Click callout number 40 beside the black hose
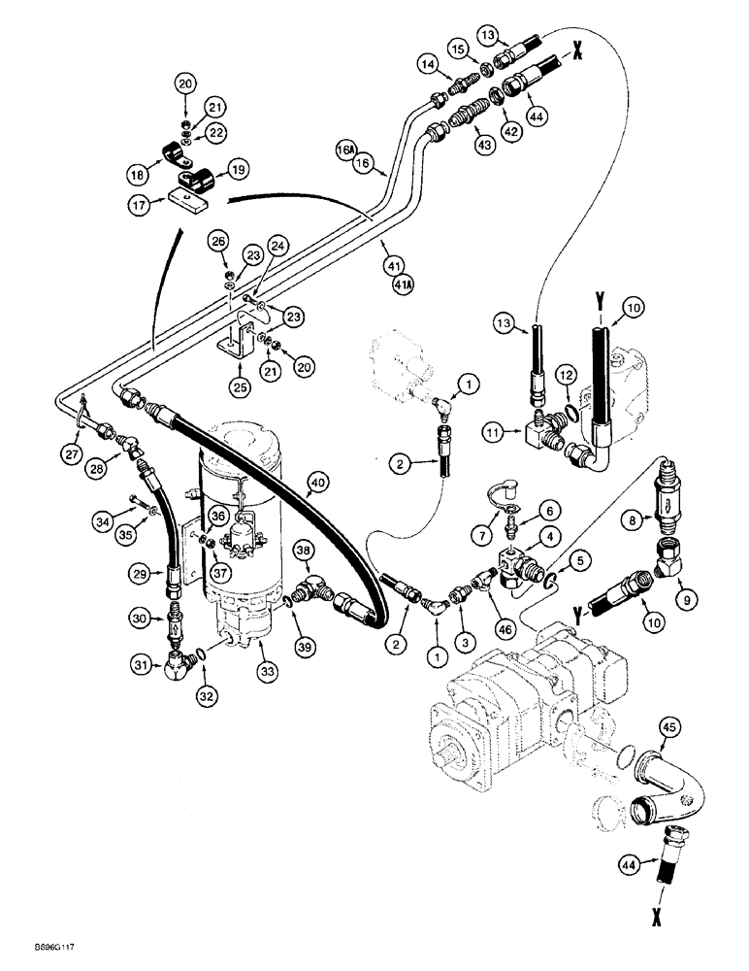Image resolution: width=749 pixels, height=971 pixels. [x=316, y=479]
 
